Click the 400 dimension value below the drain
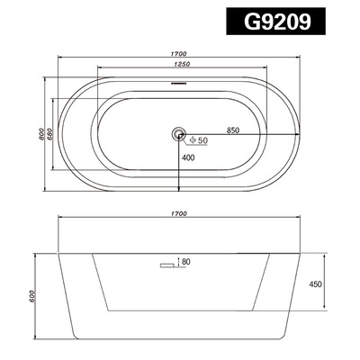[x=187, y=158]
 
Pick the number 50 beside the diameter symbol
[x=202, y=140]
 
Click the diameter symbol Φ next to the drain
[x=191, y=140]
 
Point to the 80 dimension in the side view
[x=185, y=263]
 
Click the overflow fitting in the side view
[x=166, y=265]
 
